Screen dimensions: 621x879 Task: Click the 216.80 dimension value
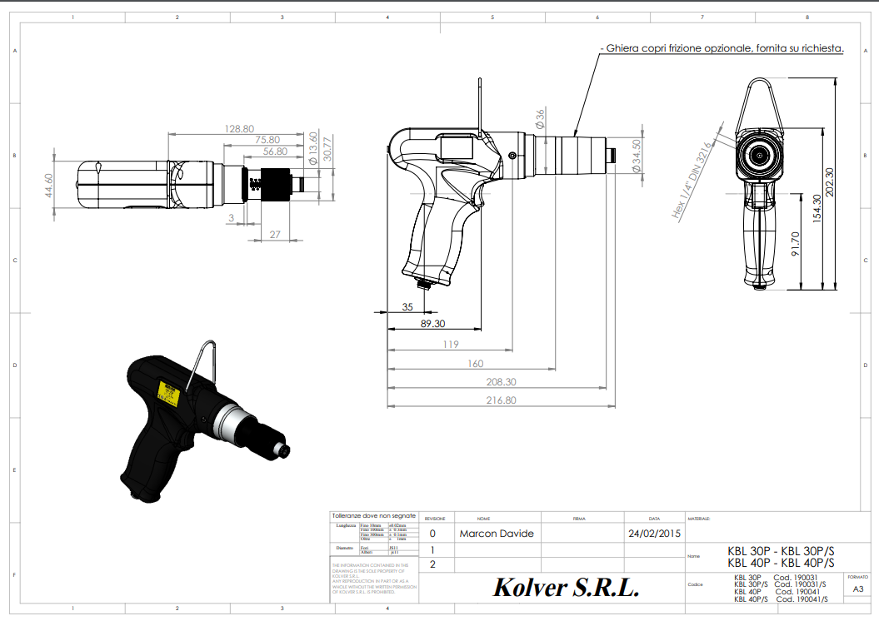(500, 400)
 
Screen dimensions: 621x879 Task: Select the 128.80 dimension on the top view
(239, 128)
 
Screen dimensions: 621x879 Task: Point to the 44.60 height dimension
(48, 184)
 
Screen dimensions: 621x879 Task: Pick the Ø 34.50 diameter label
(637, 156)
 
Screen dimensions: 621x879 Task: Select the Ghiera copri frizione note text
(722, 49)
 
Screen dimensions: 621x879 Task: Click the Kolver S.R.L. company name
(566, 588)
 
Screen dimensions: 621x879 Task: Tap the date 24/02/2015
(654, 534)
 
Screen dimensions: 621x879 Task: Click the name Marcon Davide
(496, 534)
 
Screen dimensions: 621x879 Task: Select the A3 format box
(857, 589)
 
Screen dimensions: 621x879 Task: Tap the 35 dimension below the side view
(407, 307)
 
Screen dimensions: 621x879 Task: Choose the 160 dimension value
(475, 363)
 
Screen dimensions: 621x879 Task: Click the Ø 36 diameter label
(540, 118)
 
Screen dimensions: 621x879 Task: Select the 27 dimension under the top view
(274, 235)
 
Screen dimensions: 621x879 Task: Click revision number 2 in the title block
(432, 564)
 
